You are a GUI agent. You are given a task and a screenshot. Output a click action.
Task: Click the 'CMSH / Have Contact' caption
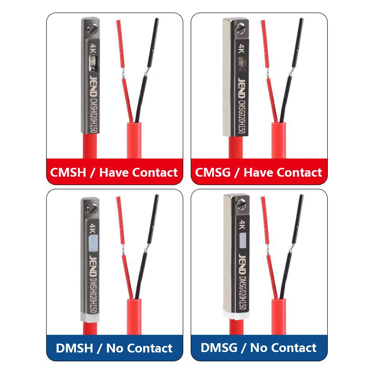(x=114, y=173)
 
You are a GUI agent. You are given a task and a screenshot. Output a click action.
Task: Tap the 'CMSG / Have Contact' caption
(x=259, y=173)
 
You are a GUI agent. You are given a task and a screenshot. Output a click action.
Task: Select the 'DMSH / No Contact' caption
(x=114, y=348)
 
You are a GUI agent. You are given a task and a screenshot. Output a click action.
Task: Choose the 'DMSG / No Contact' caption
(x=259, y=348)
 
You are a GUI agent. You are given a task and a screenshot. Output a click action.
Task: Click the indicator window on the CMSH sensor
(x=93, y=61)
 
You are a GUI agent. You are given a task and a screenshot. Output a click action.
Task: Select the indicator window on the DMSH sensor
(x=93, y=242)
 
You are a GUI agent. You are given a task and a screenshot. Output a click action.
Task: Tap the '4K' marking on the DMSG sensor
(x=242, y=225)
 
